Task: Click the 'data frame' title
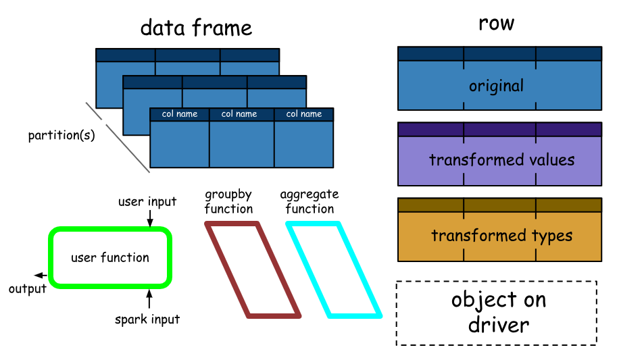(196, 28)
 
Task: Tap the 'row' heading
(496, 23)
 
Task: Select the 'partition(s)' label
(61, 135)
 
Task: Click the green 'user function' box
(110, 257)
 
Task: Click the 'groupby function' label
(228, 202)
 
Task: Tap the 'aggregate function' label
(309, 202)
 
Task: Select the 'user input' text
(147, 201)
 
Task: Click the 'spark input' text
(147, 319)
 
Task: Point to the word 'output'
(28, 289)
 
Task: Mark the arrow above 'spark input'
(149, 299)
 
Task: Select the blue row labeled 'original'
(499, 86)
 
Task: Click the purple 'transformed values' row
(499, 160)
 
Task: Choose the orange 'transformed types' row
(499, 236)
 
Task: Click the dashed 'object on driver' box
(497, 313)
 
